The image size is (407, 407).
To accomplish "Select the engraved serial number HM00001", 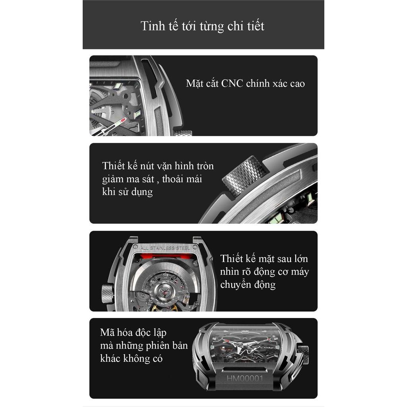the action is point(245,378).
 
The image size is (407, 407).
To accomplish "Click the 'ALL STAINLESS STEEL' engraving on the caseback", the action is point(165,248).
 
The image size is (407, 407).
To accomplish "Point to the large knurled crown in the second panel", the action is point(244,175).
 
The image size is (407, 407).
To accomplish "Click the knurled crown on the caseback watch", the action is point(107,294).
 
